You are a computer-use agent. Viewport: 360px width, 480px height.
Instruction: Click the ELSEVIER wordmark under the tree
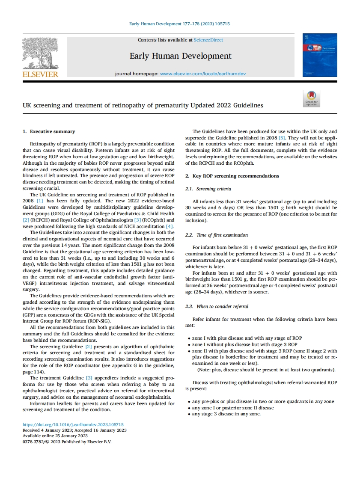(x=40, y=74)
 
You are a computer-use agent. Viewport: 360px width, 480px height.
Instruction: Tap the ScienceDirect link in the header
(x=208, y=40)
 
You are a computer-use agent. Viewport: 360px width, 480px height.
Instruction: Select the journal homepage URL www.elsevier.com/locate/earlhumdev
(x=203, y=74)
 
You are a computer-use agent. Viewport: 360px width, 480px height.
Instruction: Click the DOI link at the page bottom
(x=73, y=425)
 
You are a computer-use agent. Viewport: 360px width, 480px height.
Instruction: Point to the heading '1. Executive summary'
(x=48, y=131)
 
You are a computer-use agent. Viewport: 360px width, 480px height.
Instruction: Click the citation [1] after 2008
(x=39, y=200)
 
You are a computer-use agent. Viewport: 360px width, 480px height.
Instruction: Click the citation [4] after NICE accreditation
(x=170, y=226)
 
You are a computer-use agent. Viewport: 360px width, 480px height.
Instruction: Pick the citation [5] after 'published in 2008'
(x=282, y=138)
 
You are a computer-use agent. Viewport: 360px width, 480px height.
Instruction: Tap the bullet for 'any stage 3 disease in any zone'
(x=189, y=414)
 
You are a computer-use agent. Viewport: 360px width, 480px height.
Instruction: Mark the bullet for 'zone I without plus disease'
(x=189, y=344)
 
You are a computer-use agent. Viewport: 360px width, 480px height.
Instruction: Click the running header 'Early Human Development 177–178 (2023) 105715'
(x=179, y=24)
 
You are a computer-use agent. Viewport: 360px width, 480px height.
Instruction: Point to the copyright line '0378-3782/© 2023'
(x=67, y=442)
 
